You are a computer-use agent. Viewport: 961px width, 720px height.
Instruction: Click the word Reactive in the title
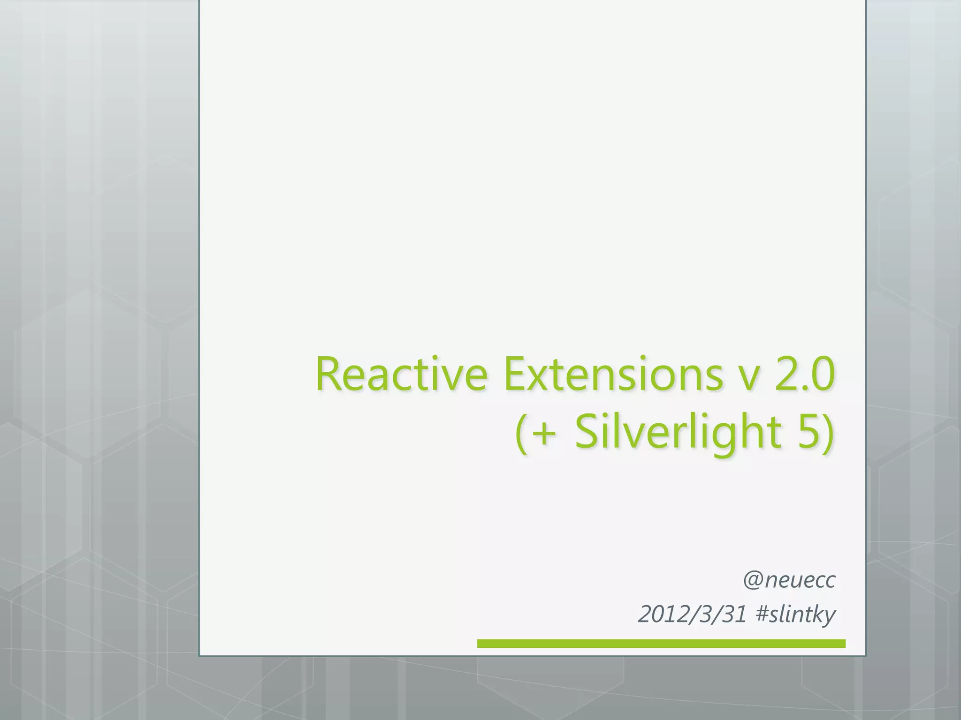coord(401,375)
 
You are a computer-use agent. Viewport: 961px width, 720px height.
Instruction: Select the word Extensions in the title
coord(613,375)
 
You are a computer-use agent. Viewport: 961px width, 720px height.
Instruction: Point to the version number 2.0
coord(804,375)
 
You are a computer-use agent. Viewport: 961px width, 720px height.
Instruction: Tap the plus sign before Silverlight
coord(545,433)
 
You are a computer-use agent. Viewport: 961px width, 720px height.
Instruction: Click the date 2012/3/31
coord(693,615)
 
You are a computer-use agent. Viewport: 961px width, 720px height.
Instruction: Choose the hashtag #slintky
coord(796,615)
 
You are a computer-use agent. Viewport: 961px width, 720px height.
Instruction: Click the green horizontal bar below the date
coord(661,644)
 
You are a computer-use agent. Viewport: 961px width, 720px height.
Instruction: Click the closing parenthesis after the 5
coord(829,433)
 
